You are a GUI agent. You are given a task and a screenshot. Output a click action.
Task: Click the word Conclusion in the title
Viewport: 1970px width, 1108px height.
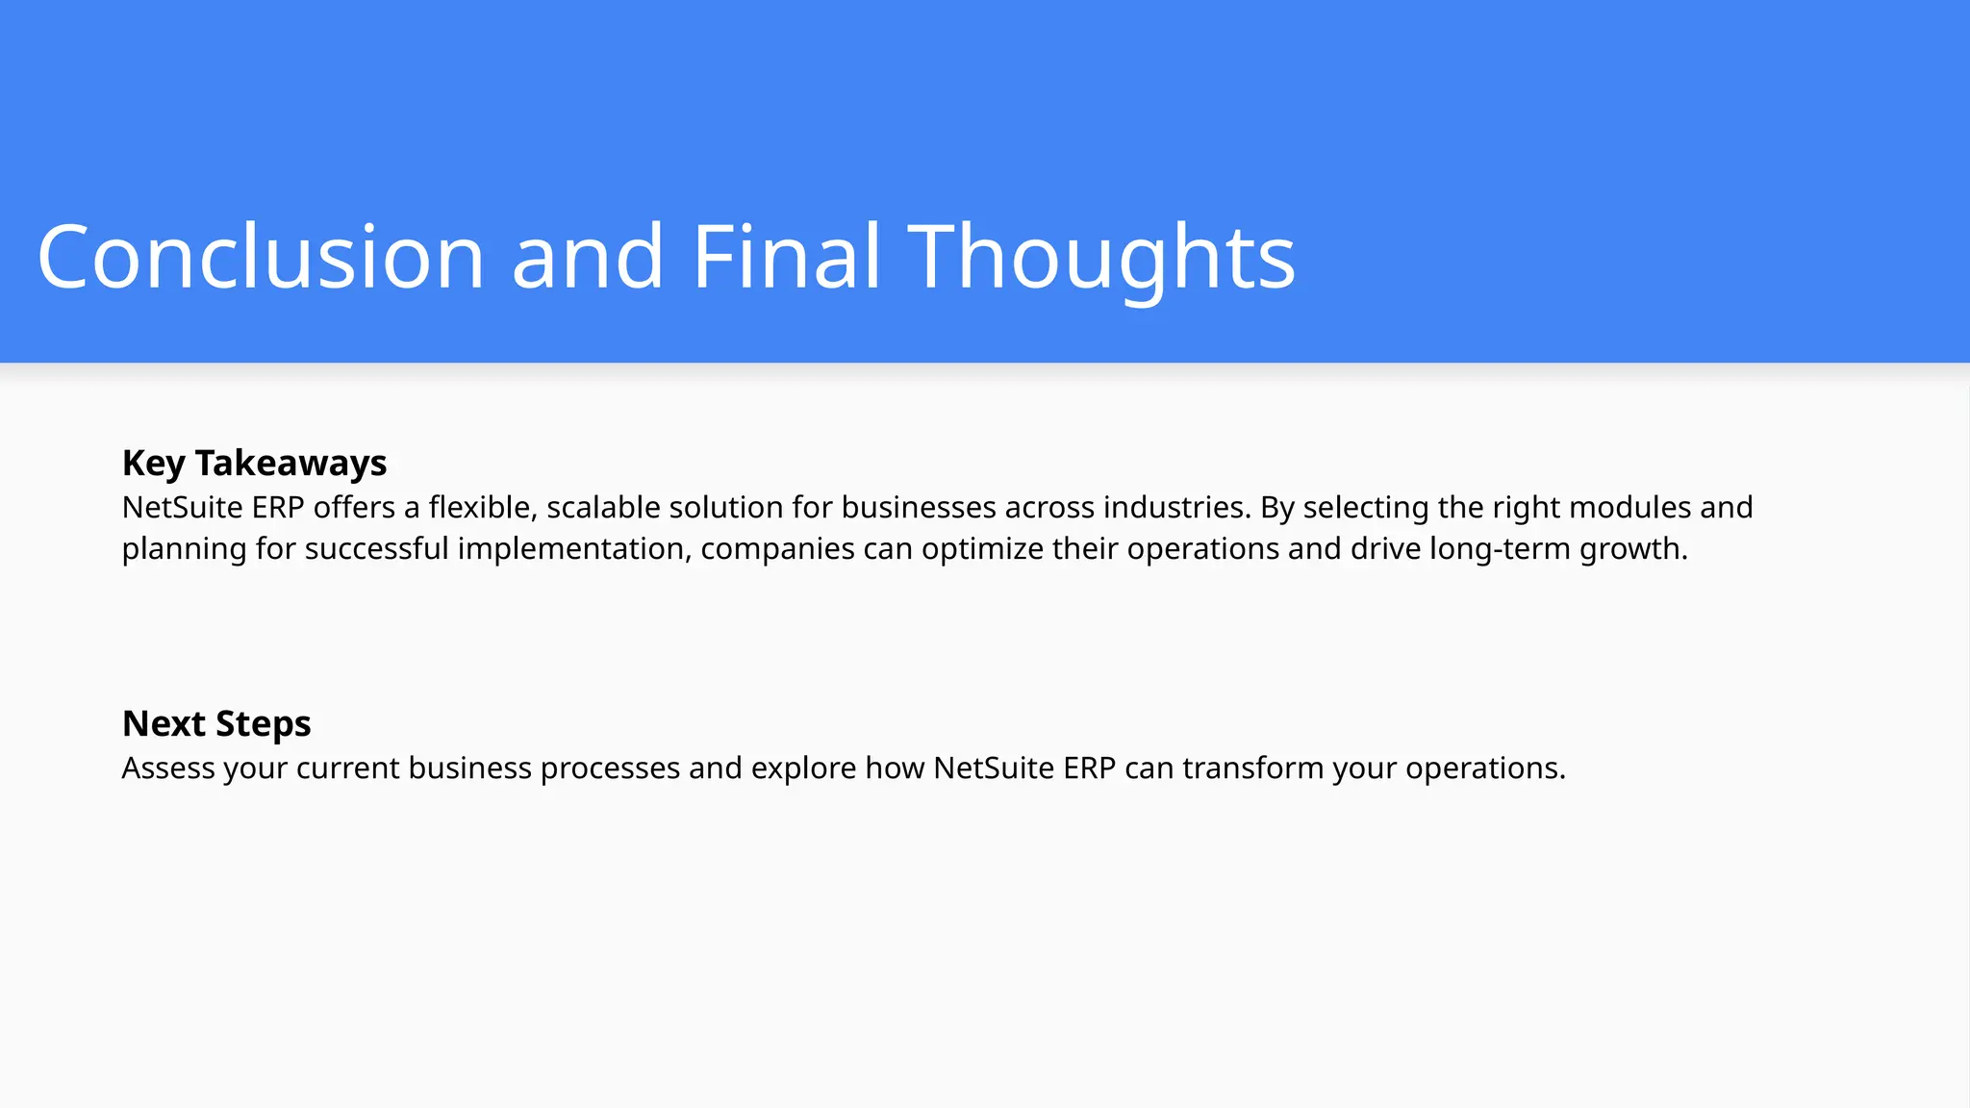point(261,257)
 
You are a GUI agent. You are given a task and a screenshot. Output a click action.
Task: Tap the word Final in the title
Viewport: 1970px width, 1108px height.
point(786,257)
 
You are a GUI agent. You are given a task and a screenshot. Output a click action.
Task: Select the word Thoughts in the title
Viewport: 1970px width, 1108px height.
point(1101,257)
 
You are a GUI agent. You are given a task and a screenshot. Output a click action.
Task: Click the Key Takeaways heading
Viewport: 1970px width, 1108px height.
point(254,463)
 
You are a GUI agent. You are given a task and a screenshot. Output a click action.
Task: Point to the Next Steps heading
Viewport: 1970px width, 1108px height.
point(216,723)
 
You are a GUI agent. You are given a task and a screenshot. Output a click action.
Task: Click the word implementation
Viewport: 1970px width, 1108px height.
point(574,548)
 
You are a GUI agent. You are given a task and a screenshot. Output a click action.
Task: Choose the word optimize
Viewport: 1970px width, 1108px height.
point(982,548)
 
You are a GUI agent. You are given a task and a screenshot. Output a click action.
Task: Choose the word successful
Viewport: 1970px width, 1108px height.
point(376,548)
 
